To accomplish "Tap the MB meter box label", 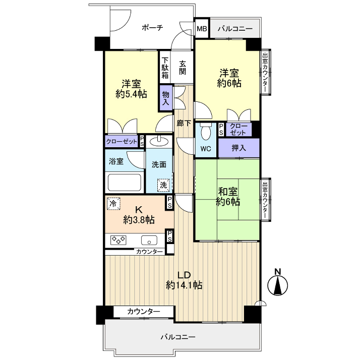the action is tap(202, 29).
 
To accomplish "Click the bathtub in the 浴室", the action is tap(125, 183).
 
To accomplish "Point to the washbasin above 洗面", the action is tap(159, 141).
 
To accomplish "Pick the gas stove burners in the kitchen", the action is tap(118, 240).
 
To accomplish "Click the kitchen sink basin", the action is tap(149, 241).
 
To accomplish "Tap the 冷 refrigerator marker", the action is tap(113, 204).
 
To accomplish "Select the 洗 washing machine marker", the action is tap(163, 185).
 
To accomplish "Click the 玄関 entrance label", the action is tap(183, 67).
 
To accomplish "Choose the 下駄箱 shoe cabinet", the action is tap(165, 67).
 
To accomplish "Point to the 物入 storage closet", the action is tap(165, 98).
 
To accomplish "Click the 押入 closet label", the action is tap(239, 148).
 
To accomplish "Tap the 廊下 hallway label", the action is tap(184, 124).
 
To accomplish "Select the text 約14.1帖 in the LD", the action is tap(184, 285).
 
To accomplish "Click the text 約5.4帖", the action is tap(131, 94).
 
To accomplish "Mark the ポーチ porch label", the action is tap(153, 28).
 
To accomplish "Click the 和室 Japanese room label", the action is tap(228, 192).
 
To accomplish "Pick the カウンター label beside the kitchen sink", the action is tap(149, 252).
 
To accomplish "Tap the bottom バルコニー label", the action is tap(178, 337).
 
